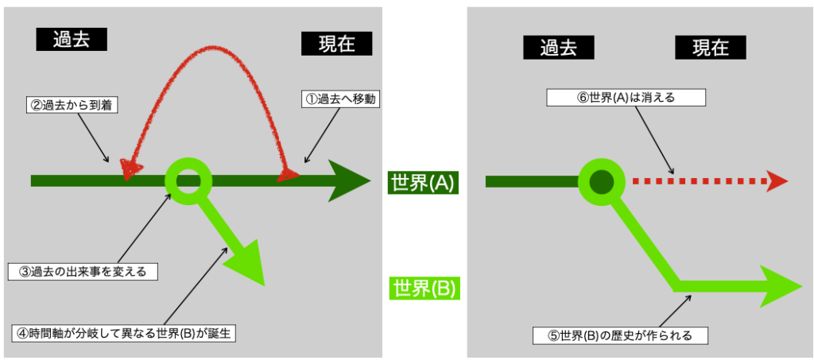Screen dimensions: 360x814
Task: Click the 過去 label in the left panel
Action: [x=71, y=41]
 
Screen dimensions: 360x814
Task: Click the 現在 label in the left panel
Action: [x=337, y=44]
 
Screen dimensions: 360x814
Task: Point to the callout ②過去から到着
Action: [x=71, y=104]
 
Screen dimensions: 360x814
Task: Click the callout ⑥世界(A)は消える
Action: [x=626, y=98]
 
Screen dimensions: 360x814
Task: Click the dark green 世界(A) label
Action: [x=422, y=183]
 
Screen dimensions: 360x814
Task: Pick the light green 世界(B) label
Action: [x=424, y=288]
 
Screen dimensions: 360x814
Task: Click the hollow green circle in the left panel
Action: [x=188, y=180]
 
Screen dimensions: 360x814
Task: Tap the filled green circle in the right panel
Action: [x=602, y=181]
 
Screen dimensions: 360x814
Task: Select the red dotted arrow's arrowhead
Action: [x=777, y=182]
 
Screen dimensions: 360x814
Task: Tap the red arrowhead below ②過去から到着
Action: [x=129, y=168]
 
